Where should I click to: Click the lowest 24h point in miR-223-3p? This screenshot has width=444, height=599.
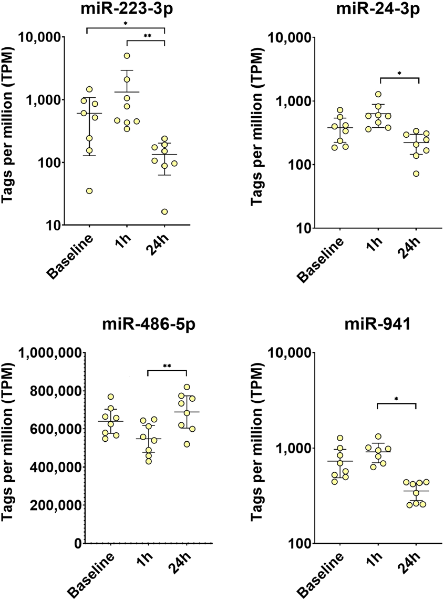pos(164,211)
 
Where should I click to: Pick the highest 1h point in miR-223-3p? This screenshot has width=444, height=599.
pos(127,56)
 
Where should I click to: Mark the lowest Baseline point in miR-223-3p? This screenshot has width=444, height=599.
pos(89,191)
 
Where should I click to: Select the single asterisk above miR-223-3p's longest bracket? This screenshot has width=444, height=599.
pos(126,24)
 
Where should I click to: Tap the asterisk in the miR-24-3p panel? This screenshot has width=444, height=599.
pos(399,74)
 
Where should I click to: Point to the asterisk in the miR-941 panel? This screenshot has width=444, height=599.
pos(397,399)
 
